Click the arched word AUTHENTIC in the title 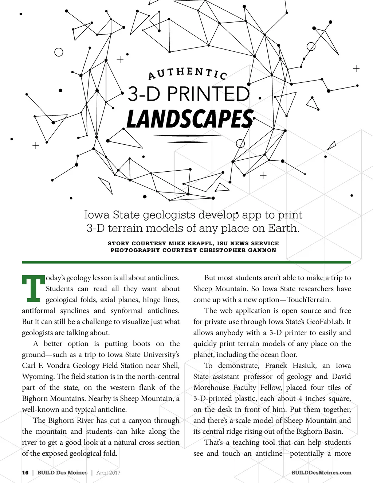coord(188,73)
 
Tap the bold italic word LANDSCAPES coord(190,119)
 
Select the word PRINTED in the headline coord(208,94)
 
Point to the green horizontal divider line coord(186,262)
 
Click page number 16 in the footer coord(25,472)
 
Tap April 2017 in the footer coord(108,472)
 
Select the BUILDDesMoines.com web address coord(321,472)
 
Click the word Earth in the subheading coord(283,228)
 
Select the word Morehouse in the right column coord(211,387)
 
